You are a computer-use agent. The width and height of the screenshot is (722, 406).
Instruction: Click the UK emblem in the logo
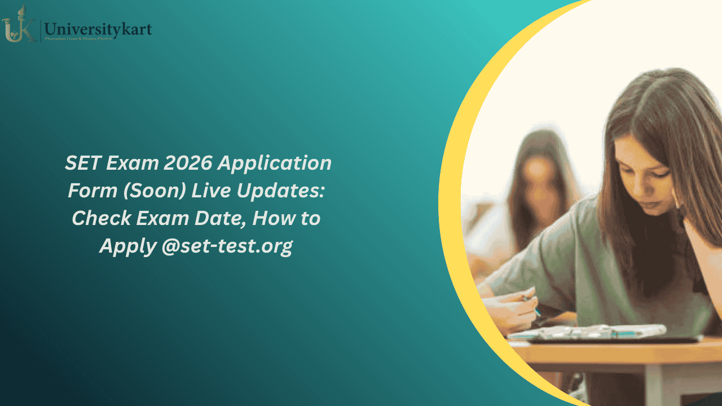tap(19, 25)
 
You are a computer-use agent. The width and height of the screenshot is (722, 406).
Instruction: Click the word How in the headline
tap(272, 218)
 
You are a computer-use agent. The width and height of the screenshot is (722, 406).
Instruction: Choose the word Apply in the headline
tap(127, 246)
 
